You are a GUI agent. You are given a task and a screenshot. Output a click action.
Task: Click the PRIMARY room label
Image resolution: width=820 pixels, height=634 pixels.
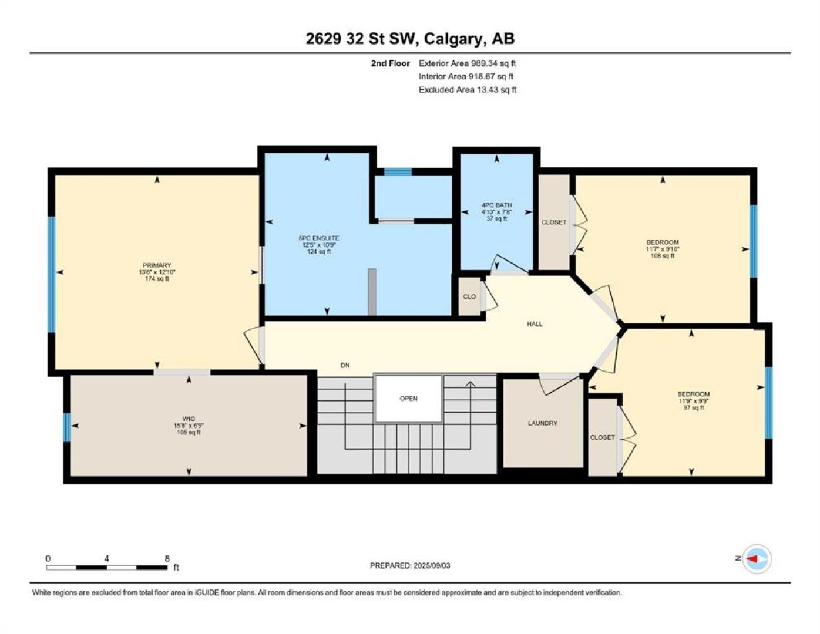(157, 265)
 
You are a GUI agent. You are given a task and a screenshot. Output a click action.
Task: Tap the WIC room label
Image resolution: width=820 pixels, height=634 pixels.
(189, 419)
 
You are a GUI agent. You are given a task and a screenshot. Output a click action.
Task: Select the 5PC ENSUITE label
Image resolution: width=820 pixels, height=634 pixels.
(319, 238)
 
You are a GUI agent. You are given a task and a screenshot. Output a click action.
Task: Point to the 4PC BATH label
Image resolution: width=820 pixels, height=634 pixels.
(496, 205)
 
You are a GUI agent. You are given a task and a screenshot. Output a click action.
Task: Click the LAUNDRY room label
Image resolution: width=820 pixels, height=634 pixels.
(543, 423)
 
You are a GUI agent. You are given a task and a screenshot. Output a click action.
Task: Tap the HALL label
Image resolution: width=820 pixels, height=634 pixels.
(535, 323)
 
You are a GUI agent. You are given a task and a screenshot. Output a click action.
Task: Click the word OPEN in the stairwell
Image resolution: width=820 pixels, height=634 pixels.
(409, 398)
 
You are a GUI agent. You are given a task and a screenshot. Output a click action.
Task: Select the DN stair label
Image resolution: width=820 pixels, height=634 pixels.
(345, 365)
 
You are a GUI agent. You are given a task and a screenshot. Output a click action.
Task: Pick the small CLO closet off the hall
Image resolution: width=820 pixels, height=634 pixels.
(469, 296)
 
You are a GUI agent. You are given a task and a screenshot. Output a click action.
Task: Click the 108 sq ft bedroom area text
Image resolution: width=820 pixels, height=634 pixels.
(663, 255)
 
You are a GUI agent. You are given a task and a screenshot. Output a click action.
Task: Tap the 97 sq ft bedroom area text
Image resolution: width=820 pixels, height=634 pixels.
(694, 407)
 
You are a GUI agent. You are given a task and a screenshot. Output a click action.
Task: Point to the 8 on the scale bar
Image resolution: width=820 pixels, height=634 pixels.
(167, 558)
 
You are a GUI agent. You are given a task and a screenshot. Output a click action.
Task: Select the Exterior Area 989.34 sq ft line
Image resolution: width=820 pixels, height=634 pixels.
(467, 63)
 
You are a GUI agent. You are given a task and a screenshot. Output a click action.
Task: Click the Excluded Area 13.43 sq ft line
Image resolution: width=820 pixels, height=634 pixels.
(468, 90)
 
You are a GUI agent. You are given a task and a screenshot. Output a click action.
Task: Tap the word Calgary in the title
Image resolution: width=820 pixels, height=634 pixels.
(452, 39)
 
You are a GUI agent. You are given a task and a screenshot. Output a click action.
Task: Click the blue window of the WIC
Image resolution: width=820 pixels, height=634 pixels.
(67, 427)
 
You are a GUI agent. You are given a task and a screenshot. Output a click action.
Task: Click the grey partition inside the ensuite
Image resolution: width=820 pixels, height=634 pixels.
(372, 292)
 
